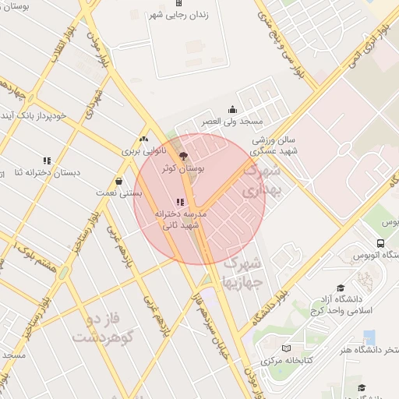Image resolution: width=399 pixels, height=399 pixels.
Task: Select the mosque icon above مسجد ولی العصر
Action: tap(231, 109)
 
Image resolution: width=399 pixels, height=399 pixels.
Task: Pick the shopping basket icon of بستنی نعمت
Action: tap(118, 181)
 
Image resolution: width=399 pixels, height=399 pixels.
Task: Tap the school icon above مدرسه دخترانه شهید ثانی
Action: tap(181, 202)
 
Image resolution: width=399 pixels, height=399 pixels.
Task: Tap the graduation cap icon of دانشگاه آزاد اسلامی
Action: tap(340, 288)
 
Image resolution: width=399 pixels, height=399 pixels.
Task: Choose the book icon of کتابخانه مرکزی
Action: tap(287, 348)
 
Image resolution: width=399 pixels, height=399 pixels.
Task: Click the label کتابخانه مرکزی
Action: tap(288, 361)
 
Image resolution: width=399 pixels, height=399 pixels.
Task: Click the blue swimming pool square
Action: tap(369, 337)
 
